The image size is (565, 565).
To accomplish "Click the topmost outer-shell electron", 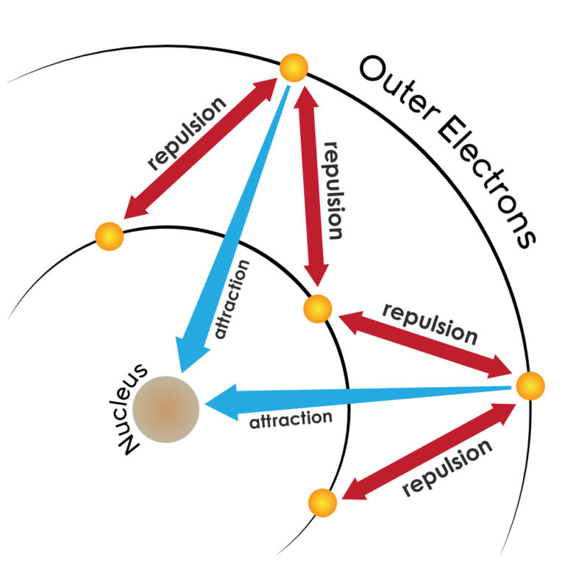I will (x=294, y=68).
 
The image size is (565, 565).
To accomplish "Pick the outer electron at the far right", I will (x=530, y=385).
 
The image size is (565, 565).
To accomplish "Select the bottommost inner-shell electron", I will (x=323, y=502).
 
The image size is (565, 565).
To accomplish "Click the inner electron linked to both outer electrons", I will (x=319, y=308).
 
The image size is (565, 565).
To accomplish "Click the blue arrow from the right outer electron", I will (x=353, y=397).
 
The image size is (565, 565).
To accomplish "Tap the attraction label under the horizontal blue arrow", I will (x=291, y=421).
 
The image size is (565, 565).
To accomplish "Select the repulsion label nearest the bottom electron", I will (x=448, y=469).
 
